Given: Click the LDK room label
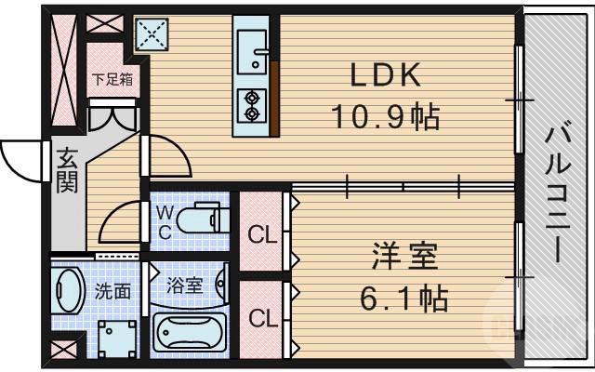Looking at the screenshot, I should point(385,73).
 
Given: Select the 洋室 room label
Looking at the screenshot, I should point(403,255).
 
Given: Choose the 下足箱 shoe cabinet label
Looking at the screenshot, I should point(112,79).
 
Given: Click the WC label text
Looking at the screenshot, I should point(162,221).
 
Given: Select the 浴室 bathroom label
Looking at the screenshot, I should point(185,285).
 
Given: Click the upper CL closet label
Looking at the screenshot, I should point(262,232).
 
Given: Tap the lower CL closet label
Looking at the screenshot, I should point(262,318).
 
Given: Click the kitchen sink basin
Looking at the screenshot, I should point(252,46).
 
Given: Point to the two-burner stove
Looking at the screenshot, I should point(252,104).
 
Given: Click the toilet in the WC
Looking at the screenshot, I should point(200,220).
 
